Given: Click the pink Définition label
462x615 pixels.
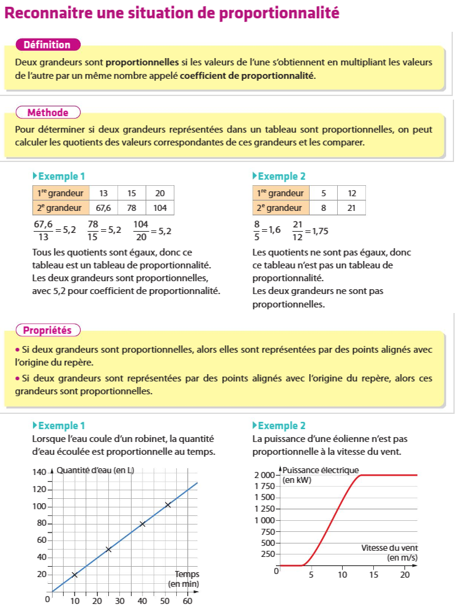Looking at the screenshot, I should click(47, 45).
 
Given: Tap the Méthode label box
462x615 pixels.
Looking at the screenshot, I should click(48, 112).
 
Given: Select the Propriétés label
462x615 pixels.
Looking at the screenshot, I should click(47, 331).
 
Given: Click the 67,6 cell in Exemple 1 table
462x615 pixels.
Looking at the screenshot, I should click(103, 208).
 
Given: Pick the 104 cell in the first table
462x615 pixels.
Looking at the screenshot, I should click(160, 208).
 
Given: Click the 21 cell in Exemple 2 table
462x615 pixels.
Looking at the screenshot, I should click(351, 208).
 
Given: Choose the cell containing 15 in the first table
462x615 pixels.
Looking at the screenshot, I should click(132, 193).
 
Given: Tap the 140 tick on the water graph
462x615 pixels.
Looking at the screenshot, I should click(39, 473).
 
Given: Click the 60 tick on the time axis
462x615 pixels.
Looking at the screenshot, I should click(187, 601).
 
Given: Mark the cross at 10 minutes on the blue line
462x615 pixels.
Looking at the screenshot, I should click(75, 575).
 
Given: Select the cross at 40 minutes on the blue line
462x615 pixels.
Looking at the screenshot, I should click(143, 524).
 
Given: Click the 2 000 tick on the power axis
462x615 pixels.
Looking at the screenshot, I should click(265, 475).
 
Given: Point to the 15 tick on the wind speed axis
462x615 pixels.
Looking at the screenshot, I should click(374, 575).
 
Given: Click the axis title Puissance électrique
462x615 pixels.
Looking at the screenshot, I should click(321, 470).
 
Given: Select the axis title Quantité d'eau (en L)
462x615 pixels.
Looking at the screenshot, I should click(95, 470).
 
